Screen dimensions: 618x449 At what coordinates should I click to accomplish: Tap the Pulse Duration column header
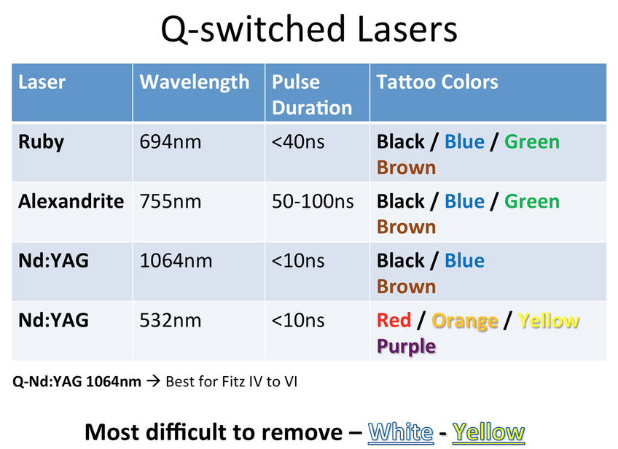(x=312, y=95)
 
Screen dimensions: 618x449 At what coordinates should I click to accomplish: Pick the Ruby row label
(x=41, y=142)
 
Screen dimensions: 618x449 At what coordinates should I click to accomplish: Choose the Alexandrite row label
(x=71, y=201)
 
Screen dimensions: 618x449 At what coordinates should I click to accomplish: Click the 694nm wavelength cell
(x=171, y=142)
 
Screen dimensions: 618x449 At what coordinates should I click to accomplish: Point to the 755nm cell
(x=171, y=201)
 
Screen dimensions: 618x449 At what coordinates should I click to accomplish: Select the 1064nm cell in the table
(x=176, y=261)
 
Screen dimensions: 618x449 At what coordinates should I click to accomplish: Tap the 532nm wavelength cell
(x=171, y=320)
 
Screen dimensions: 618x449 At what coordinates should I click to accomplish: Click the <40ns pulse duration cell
(x=298, y=142)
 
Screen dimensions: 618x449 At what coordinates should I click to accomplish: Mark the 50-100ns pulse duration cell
(x=313, y=201)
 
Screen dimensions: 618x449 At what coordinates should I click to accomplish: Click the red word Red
(x=394, y=320)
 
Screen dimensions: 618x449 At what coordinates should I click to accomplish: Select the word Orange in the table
(x=465, y=321)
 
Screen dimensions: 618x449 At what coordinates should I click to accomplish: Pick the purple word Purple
(x=407, y=346)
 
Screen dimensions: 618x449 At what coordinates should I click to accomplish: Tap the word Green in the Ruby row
(x=532, y=142)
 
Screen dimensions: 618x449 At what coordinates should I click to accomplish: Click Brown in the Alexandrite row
(x=407, y=227)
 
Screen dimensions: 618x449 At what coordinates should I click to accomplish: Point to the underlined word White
(x=400, y=432)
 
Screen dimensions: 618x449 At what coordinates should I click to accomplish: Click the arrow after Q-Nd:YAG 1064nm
(x=153, y=381)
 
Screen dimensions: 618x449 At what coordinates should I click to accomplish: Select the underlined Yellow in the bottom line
(x=488, y=432)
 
